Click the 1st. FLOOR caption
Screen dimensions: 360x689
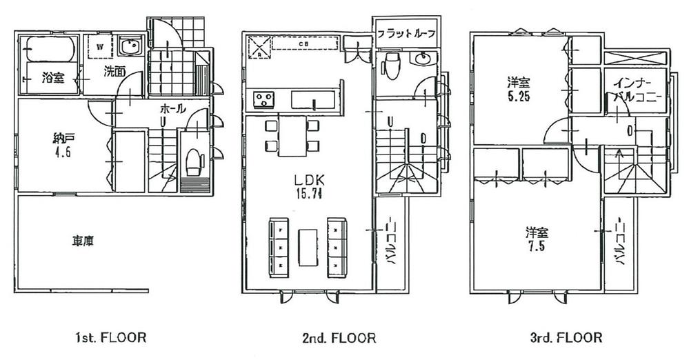tap(110, 338)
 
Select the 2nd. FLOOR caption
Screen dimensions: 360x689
tap(340, 338)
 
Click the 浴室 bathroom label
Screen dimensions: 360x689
tap(53, 78)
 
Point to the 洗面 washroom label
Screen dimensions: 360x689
tap(114, 70)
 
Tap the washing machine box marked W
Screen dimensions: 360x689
tap(101, 48)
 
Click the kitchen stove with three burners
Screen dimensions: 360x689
tap(263, 99)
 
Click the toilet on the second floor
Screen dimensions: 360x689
tap(390, 66)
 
